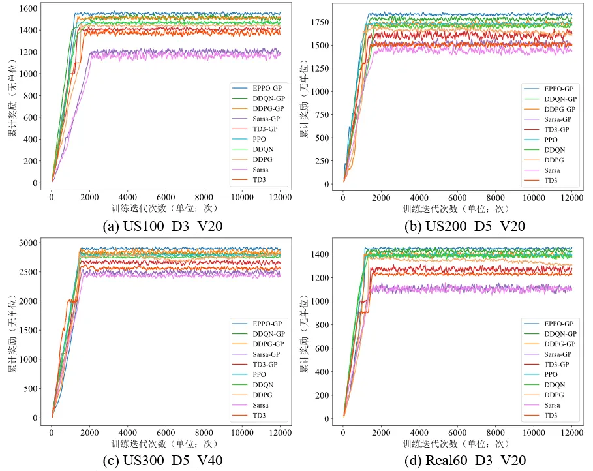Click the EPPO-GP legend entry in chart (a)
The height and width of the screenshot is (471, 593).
pos(257,88)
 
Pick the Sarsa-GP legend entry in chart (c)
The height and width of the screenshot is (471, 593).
pos(256,354)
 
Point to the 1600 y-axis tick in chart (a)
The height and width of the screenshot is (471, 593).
pos(28,8)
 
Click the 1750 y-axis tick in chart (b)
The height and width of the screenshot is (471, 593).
pos(320,22)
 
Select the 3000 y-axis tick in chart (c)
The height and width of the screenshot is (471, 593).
pos(28,243)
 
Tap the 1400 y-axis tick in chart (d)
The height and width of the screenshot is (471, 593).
pos(320,254)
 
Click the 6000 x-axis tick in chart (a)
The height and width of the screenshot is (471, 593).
pos(166,197)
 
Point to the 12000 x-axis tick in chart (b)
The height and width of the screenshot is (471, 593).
pos(572,198)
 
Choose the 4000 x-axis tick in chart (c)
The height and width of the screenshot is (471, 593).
pos(127,433)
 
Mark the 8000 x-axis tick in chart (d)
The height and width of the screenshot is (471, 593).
pos(495,433)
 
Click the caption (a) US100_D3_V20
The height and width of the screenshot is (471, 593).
pos(162,226)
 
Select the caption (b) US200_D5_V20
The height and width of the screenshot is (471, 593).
pos(464,226)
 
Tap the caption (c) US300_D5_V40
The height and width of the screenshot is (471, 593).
pos(162,461)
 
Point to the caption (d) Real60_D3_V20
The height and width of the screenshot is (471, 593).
pos(465,461)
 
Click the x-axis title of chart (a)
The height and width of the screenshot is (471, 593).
pos(165,209)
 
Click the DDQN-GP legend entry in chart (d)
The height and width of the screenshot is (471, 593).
pos(550,334)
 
